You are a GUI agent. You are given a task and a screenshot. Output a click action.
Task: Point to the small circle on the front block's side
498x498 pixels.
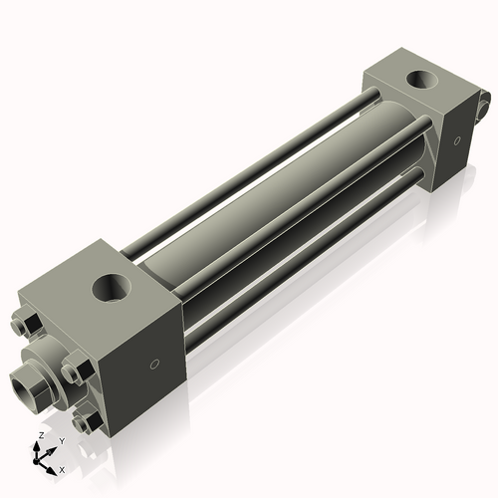tap(152, 364)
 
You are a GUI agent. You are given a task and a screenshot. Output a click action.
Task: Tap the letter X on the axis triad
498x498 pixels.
tap(62, 468)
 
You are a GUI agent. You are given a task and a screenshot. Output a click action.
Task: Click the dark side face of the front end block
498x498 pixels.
tap(149, 369)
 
